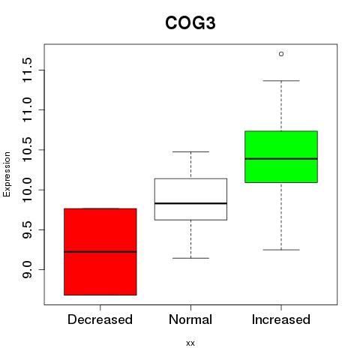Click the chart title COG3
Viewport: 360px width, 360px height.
190,23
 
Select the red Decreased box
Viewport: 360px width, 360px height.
100,252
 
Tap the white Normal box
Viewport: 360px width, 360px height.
190,199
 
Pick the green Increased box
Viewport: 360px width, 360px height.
281,157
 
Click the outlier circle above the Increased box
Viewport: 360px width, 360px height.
281,54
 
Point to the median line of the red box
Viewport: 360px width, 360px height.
100,252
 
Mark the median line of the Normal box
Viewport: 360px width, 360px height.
190,203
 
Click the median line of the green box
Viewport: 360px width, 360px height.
281,159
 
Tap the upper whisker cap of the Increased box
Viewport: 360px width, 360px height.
281,81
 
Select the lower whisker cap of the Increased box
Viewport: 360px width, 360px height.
281,250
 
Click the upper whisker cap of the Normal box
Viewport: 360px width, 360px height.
190,151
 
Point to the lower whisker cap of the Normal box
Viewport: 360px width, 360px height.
190,258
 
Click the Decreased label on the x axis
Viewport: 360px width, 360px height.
100,319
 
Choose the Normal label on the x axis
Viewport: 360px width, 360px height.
190,319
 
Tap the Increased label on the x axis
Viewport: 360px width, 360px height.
281,319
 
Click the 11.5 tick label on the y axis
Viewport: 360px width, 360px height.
27,70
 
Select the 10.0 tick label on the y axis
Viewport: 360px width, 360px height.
27,190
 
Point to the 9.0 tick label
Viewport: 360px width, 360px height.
27,270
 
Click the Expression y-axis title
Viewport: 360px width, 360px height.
7,174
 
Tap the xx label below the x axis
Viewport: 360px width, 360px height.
190,343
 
